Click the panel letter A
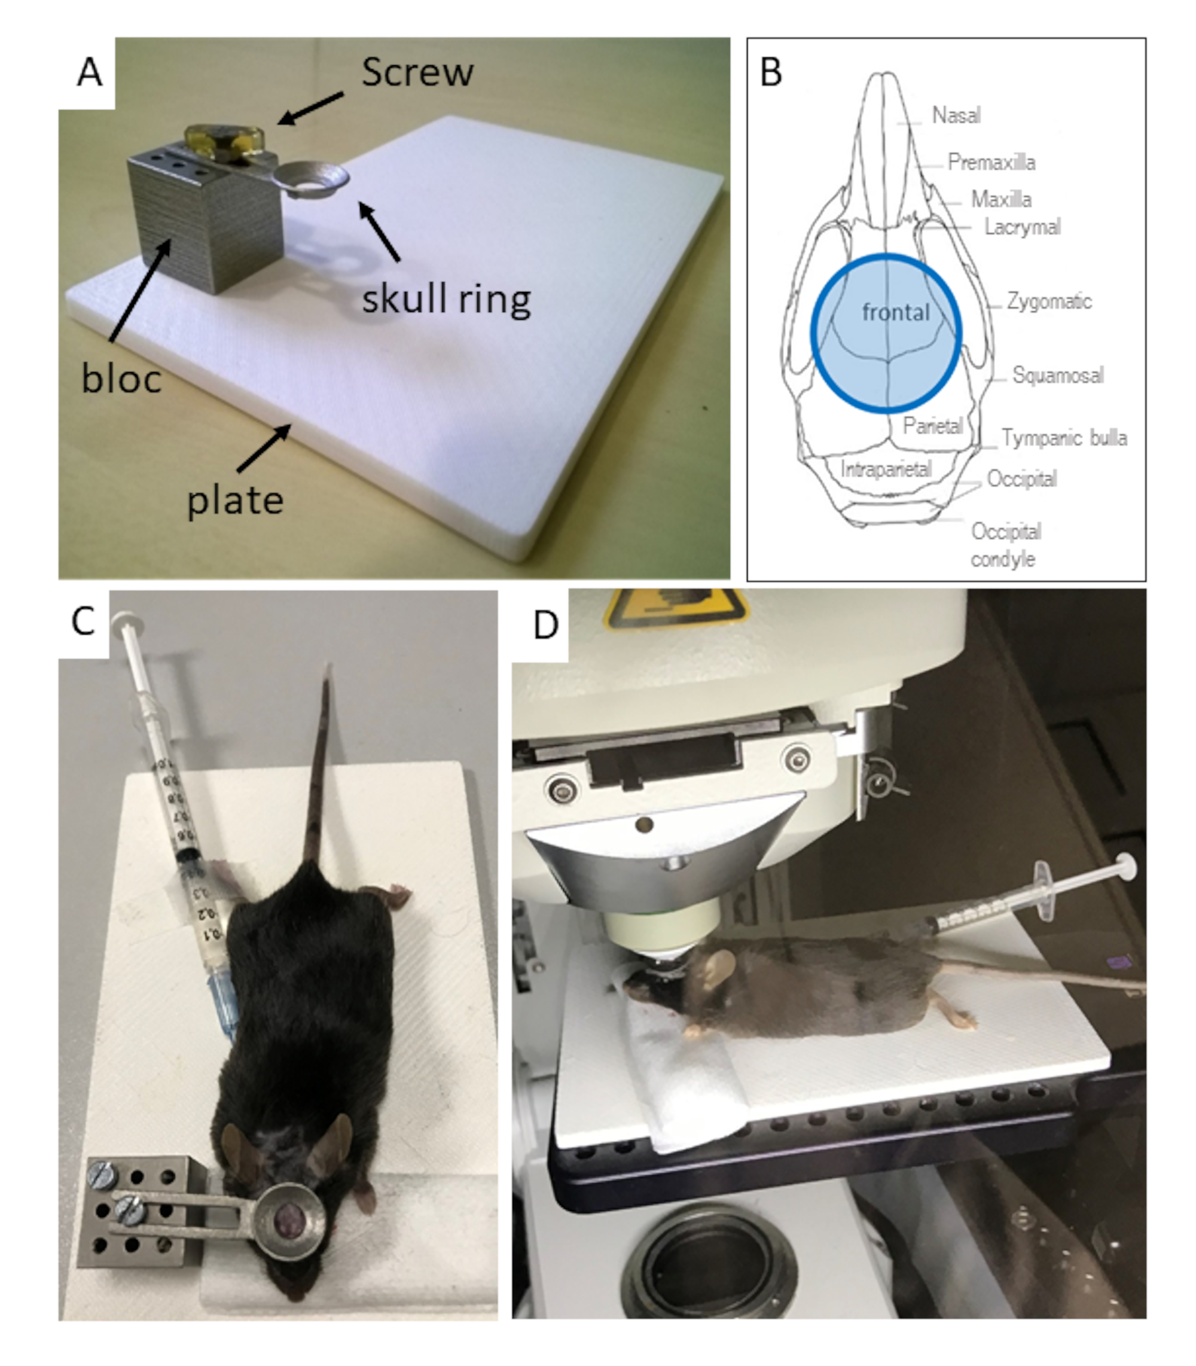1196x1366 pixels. (90, 72)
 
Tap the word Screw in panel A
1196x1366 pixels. (417, 72)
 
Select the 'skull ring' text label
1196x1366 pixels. (446, 300)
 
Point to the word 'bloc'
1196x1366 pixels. (121, 379)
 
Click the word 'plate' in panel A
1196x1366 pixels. (235, 501)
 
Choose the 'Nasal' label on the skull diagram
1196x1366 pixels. (956, 115)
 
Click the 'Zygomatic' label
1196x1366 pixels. (1048, 301)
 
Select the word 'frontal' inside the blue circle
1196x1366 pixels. (896, 312)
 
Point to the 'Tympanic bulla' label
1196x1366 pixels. (1064, 438)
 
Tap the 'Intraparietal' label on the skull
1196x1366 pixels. (886, 469)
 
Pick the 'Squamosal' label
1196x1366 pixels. (1057, 375)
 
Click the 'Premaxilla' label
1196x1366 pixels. (991, 162)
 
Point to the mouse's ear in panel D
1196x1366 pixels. (719, 965)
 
